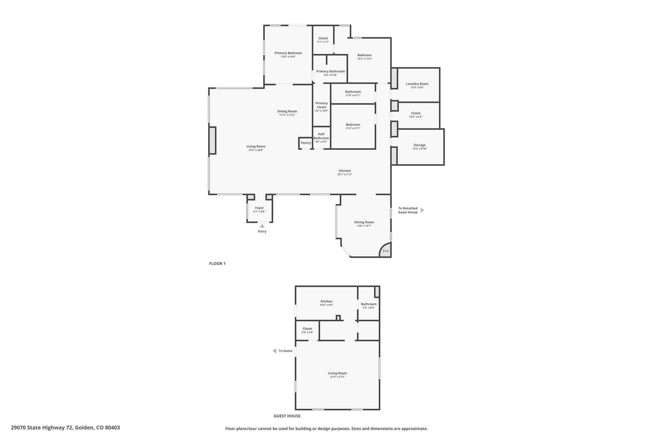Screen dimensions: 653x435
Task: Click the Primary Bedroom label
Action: click(288, 53)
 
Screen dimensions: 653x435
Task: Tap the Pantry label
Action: click(305, 143)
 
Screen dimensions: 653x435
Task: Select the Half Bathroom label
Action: click(321, 136)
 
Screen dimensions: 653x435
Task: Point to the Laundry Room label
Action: click(417, 84)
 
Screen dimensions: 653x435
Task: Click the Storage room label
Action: click(420, 145)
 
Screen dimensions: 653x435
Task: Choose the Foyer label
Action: click(259, 208)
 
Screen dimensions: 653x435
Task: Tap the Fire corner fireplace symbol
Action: click(385, 250)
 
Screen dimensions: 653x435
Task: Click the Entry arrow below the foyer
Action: click(262, 226)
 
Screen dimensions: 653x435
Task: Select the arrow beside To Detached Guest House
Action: click(422, 210)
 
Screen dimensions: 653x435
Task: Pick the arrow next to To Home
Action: click(274, 351)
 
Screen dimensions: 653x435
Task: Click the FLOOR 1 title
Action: click(217, 264)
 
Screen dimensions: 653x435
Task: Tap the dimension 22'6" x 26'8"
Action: click(256, 150)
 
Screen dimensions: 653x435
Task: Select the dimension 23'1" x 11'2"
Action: click(345, 174)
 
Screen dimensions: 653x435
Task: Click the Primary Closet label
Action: click(321, 105)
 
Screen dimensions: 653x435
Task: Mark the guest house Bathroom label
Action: click(369, 304)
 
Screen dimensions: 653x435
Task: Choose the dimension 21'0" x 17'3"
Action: click(337, 377)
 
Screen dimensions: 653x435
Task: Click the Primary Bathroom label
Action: click(331, 71)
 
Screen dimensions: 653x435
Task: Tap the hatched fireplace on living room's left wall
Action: click(212, 141)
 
